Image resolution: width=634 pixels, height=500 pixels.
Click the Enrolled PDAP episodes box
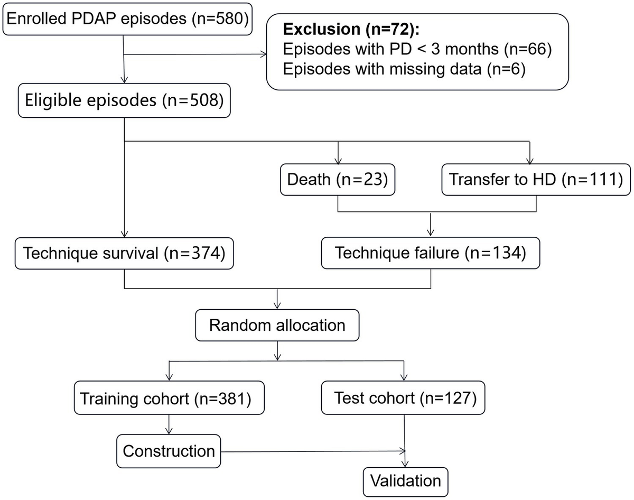tap(125, 20)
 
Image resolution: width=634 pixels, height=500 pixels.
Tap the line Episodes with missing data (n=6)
tap(404, 69)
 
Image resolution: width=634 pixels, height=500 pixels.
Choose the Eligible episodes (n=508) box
tap(124, 100)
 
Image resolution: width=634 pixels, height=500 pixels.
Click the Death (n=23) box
tap(338, 179)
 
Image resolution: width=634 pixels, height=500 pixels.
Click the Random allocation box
tap(277, 324)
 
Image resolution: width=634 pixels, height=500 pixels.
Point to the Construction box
tap(169, 451)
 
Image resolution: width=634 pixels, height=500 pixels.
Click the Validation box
tap(405, 480)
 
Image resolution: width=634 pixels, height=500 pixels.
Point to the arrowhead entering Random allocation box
tap(277, 306)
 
